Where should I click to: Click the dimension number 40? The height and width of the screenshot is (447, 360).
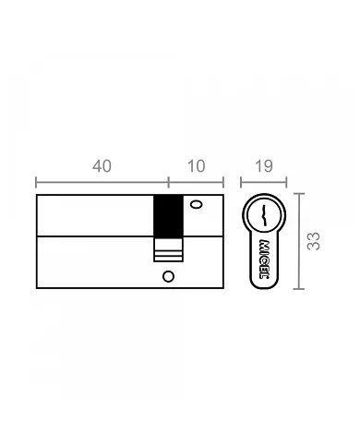pos(102,166)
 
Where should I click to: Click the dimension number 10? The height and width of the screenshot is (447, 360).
pos(196,166)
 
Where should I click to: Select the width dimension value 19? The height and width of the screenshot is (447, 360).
pos(263,166)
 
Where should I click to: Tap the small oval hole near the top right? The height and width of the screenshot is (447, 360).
pos(196,205)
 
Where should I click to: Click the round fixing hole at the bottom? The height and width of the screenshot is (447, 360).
pos(167,277)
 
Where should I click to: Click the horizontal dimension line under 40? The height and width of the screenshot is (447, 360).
pos(102,182)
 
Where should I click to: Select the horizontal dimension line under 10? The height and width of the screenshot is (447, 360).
pos(196,182)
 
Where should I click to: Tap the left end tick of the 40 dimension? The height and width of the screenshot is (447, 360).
pos(36,182)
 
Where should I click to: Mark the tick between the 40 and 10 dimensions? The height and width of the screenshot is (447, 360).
pos(168,182)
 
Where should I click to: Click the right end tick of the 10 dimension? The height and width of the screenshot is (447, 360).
pos(224,182)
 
